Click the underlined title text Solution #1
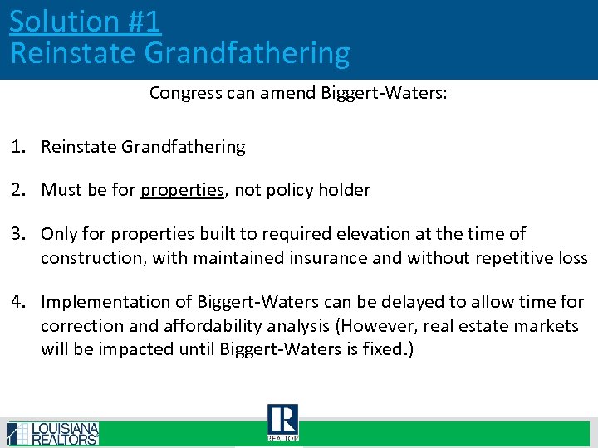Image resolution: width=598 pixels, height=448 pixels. coord(85,21)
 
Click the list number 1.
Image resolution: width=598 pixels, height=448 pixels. coord(17,147)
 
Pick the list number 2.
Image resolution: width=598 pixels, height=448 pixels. coord(17,190)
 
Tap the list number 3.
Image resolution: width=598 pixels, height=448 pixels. coord(17,235)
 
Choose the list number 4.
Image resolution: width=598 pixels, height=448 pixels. coord(17,302)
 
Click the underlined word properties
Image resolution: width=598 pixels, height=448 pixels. coord(183,190)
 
